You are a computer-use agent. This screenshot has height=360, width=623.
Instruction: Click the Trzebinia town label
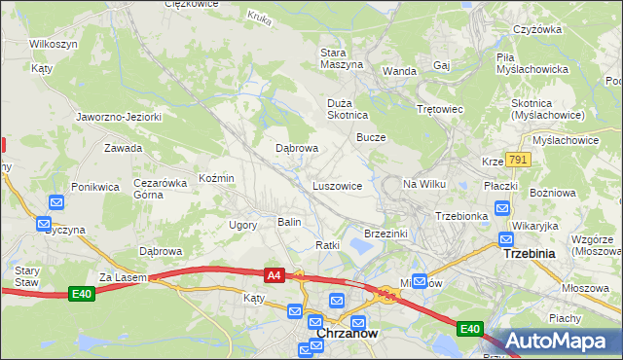(x=528, y=253)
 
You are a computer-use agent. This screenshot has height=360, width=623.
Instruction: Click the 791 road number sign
(x=517, y=160)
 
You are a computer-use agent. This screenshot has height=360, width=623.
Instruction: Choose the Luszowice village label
(x=337, y=185)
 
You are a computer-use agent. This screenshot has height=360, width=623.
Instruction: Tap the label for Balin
(x=289, y=223)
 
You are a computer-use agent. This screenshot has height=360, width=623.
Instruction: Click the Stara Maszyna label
(x=342, y=57)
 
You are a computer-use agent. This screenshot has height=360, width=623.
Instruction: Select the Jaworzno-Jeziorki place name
(x=119, y=117)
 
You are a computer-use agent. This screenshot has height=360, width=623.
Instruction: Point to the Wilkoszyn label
(x=54, y=45)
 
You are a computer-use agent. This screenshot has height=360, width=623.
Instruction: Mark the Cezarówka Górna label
(x=160, y=189)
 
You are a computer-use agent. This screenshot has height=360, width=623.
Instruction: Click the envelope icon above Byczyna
(x=55, y=202)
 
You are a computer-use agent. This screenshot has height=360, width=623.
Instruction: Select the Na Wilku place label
(x=423, y=184)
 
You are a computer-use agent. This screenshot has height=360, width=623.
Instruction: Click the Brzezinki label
(x=385, y=234)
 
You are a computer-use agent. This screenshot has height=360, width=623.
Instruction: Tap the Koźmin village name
(x=216, y=179)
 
